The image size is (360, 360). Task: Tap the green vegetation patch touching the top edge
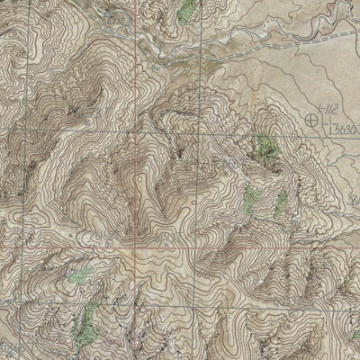186,11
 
